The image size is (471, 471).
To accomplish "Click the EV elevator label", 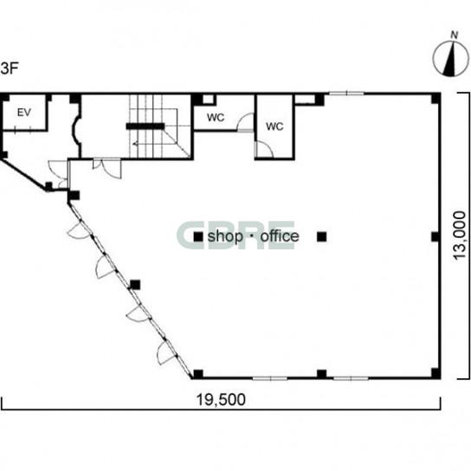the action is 24,113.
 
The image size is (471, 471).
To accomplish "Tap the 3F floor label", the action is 10,68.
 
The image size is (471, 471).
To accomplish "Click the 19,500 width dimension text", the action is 221,399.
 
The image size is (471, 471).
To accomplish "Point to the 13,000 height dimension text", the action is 460,235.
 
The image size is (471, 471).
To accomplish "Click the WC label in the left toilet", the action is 216,118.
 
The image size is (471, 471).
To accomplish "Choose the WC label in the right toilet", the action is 274,126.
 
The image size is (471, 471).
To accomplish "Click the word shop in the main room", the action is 225,236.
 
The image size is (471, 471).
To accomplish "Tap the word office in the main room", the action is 280,236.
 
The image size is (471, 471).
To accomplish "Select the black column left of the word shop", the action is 198,237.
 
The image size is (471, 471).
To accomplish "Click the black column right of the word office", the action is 322,237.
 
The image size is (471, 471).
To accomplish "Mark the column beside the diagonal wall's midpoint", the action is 135,285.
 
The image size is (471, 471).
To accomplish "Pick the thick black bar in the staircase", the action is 145,126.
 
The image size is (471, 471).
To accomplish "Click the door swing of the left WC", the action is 245,122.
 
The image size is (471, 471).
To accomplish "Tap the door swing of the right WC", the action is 264,149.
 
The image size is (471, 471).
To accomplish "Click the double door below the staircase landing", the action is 106,168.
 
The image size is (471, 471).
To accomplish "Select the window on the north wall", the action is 346,94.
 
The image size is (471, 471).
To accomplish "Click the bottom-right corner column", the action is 436,373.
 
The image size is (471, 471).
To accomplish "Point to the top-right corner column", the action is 436,99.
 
